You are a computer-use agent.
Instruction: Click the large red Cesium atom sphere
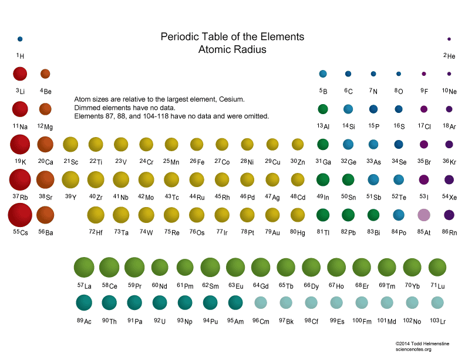point(20,215)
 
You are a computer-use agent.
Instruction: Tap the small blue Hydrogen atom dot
point(20,39)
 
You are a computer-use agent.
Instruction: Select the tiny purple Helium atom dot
point(449,39)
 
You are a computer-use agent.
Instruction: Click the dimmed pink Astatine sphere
point(424,215)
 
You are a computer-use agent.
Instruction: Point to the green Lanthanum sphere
point(84,267)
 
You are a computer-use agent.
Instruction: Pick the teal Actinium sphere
point(84,302)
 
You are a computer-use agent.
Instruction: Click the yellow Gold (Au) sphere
point(272,215)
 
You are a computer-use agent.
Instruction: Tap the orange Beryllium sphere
point(45,74)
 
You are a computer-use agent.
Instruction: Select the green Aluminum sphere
point(323,109)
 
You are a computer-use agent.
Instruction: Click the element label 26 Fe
point(197,162)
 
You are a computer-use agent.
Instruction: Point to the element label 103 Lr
point(437,321)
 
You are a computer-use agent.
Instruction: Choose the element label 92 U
point(160,321)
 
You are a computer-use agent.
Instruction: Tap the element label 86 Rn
point(449,232)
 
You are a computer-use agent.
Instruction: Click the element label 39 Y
point(70,197)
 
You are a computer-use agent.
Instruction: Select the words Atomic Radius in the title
point(232,50)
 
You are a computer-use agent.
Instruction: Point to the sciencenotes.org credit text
point(414,349)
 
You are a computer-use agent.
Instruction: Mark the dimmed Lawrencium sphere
point(437,302)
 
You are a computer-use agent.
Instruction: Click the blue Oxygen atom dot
point(399,74)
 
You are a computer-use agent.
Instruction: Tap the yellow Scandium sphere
point(70,144)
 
